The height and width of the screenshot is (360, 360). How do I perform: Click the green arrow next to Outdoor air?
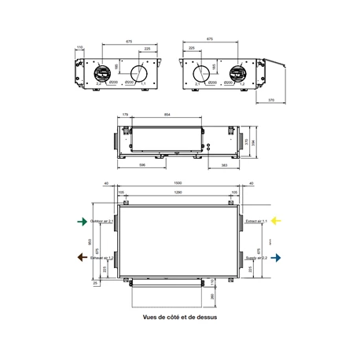click(x=81, y=222)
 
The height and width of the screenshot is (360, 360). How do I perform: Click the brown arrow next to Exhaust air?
click(x=81, y=257)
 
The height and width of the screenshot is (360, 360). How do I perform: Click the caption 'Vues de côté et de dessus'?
click(x=180, y=318)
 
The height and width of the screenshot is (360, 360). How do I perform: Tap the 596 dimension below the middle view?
click(x=142, y=167)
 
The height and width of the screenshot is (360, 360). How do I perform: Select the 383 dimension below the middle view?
click(x=225, y=167)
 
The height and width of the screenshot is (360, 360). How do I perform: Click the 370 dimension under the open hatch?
click(x=270, y=101)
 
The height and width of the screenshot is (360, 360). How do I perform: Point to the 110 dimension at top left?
click(x=81, y=48)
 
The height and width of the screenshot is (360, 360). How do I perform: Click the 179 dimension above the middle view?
click(x=125, y=115)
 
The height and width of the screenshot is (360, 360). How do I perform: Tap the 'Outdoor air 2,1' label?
click(x=102, y=222)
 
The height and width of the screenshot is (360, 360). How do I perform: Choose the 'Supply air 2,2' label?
click(x=256, y=257)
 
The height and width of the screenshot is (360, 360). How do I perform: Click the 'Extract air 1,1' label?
click(x=256, y=222)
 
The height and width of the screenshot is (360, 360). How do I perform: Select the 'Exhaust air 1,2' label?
click(x=102, y=257)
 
